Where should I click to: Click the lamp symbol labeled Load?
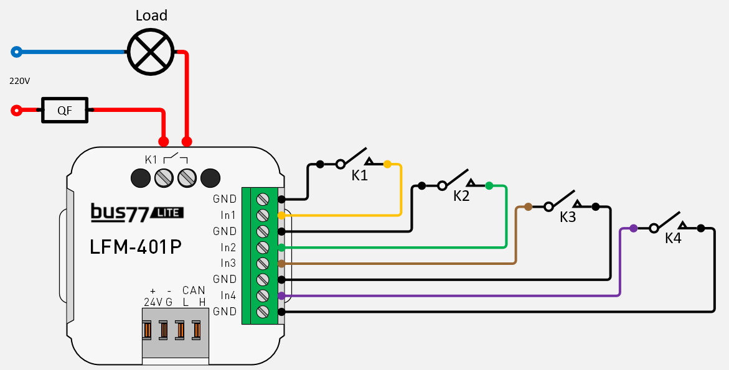click(150, 52)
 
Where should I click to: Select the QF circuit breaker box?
click(65, 111)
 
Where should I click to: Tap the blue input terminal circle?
click(17, 52)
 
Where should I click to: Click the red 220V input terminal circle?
click(17, 111)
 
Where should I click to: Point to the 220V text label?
click(19, 81)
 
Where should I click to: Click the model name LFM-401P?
click(136, 247)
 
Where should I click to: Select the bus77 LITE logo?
click(137, 213)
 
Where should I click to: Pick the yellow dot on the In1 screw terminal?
click(281, 215)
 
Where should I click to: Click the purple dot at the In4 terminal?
click(281, 295)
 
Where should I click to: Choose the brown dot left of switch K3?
click(528, 206)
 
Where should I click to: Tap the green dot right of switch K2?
click(489, 185)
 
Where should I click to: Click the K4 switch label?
click(673, 238)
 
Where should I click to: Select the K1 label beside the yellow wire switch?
click(360, 175)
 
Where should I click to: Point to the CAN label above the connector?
click(194, 290)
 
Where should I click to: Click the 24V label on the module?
click(153, 302)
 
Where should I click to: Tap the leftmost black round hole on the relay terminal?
click(141, 178)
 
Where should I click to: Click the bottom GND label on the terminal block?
click(225, 311)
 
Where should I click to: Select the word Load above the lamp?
click(151, 16)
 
